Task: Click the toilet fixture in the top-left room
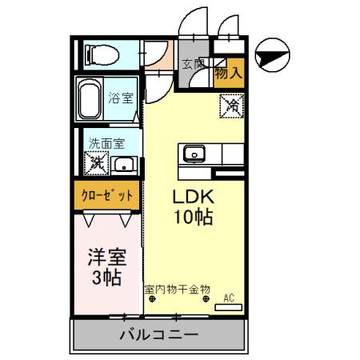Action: [101, 54]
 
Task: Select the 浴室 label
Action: [122, 99]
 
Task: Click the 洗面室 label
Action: [106, 145]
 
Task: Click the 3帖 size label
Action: [105, 278]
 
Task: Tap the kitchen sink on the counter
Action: [194, 154]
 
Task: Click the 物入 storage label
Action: [230, 73]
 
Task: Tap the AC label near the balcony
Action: [229, 298]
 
